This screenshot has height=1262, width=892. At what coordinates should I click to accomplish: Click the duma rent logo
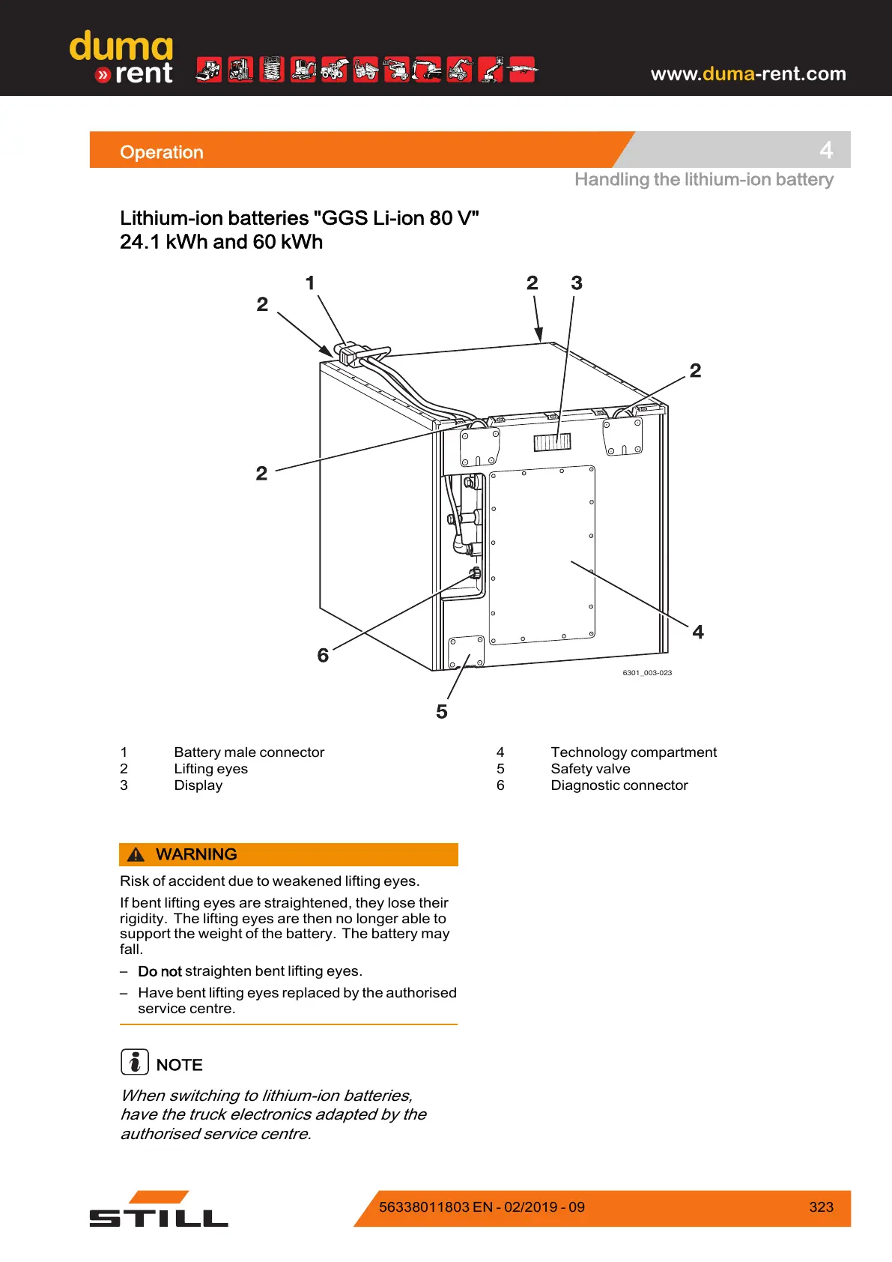(x=121, y=58)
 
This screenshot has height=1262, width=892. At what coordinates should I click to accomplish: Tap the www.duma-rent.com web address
(x=747, y=73)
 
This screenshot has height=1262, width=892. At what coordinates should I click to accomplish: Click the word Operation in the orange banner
(x=162, y=152)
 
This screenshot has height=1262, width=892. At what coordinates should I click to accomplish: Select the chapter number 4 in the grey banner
(x=826, y=150)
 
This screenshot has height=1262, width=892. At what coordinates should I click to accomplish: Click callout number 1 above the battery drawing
(x=310, y=283)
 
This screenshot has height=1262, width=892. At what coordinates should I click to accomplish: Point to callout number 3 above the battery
(x=577, y=283)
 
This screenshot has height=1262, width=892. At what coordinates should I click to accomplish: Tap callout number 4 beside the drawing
(x=698, y=632)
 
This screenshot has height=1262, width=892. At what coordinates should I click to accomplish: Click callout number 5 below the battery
(x=442, y=712)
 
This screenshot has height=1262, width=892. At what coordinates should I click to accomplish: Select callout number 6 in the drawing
(x=323, y=656)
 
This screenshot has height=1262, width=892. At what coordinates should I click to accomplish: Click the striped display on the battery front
(x=552, y=442)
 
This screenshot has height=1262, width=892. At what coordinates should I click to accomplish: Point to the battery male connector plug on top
(x=351, y=353)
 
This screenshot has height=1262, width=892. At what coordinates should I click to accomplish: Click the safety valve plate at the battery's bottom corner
(x=466, y=652)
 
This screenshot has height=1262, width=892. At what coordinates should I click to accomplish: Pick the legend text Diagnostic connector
(x=619, y=785)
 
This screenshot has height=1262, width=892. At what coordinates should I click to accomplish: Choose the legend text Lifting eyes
(x=210, y=769)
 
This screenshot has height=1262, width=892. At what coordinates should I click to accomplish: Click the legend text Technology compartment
(x=634, y=752)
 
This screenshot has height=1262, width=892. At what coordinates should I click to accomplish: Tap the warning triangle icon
(x=136, y=855)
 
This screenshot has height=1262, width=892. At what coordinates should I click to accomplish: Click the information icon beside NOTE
(x=135, y=1062)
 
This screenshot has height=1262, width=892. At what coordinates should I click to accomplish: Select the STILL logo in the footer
(x=159, y=1210)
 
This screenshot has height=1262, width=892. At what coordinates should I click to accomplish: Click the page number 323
(x=821, y=1207)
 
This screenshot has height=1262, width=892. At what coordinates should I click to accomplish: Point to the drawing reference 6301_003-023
(x=647, y=673)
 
